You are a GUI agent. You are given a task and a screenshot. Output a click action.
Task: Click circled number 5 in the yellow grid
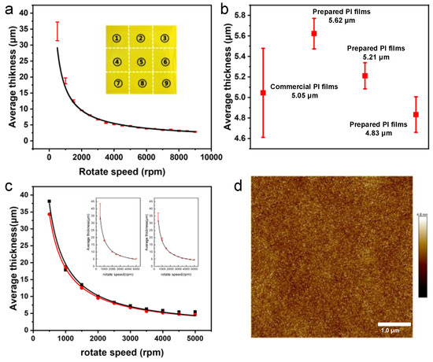tap(140, 61)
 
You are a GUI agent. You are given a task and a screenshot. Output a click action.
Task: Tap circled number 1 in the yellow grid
tap(116, 37)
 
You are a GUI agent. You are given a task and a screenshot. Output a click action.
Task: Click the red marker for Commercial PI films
tap(262, 93)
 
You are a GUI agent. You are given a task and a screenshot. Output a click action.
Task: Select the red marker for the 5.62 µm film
tap(313, 34)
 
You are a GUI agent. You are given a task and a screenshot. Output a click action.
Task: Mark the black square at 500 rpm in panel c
tap(49, 201)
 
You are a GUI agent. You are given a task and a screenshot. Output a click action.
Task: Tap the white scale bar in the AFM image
tap(390, 324)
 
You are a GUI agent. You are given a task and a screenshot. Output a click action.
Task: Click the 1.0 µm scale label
tap(390, 334)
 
